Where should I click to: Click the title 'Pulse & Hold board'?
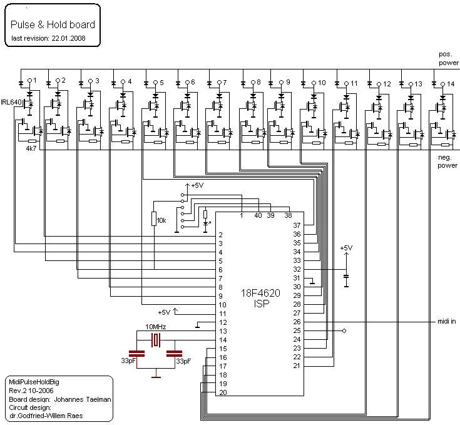point(53,24)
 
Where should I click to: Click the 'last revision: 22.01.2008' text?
point(48,38)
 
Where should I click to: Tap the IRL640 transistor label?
point(11,102)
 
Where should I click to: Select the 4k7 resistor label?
point(31,148)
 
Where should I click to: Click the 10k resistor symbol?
point(154,219)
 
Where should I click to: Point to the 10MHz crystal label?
point(156,327)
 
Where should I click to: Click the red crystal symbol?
point(156,341)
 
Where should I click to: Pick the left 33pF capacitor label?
point(128,361)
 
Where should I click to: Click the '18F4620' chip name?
point(260,293)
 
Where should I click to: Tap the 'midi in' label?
point(446,322)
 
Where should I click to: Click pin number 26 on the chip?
point(297,322)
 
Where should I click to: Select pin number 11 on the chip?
point(223,314)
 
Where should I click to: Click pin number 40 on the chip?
point(258,215)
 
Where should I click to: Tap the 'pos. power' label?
point(449,59)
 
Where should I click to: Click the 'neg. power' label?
point(447,161)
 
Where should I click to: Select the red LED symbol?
point(206,224)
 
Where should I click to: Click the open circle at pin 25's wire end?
point(344,331)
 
